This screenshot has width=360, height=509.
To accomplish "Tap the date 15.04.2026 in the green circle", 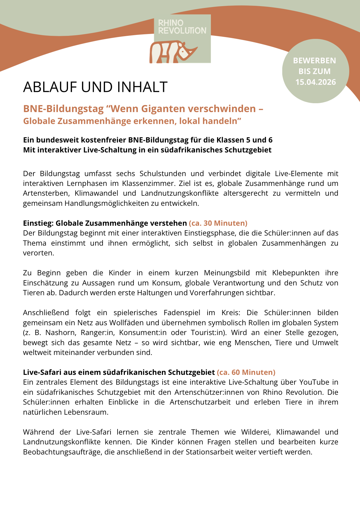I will pyautogui.click(x=316, y=82).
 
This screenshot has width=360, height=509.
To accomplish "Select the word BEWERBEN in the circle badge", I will pyautogui.click(x=314, y=61).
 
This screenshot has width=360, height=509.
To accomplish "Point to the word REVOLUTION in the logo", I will pyautogui.click(x=182, y=31).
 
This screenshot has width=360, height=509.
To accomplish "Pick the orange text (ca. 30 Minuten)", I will pyautogui.click(x=218, y=223).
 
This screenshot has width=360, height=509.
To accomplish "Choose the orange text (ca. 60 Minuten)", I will pyautogui.click(x=246, y=372).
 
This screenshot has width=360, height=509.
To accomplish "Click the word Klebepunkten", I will pyautogui.click(x=296, y=273).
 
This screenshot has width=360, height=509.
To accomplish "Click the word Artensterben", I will pyautogui.click(x=46, y=193).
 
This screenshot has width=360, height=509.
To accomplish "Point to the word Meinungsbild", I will pyautogui.click(x=227, y=273).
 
